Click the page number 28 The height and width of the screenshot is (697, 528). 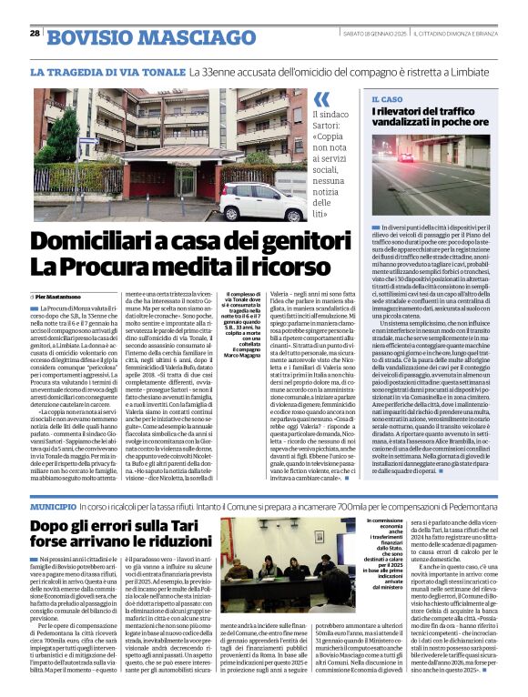[34, 33]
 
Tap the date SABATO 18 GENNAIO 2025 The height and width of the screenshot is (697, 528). [372, 34]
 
